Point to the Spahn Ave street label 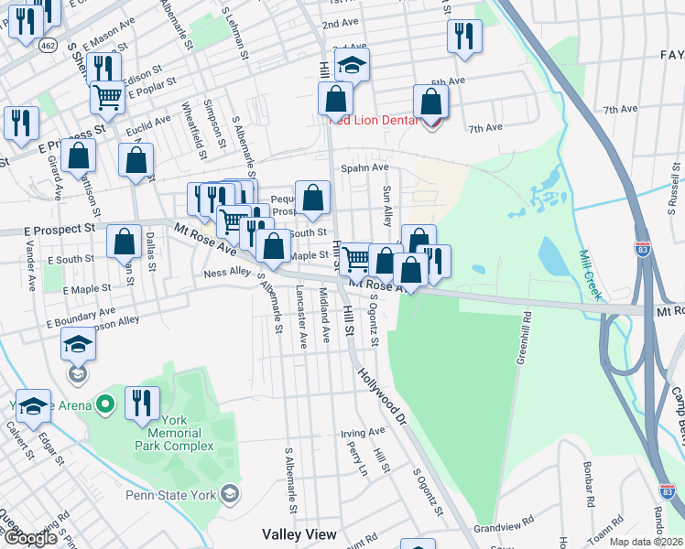click(364, 168)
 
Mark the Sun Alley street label click(388, 204)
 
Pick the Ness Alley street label click(227, 273)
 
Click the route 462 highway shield click(47, 43)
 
